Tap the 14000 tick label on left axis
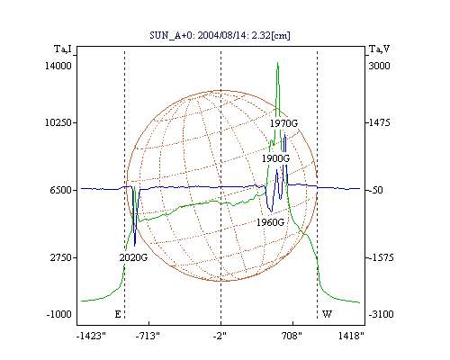click(x=58, y=66)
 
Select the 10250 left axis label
click(x=58, y=122)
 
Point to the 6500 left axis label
click(x=61, y=190)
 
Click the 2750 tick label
click(x=61, y=257)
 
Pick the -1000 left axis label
click(x=59, y=314)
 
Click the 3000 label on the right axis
click(x=379, y=66)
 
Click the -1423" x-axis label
click(x=91, y=336)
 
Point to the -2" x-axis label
click(x=220, y=336)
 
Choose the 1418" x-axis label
click(x=351, y=336)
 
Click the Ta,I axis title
click(x=63, y=49)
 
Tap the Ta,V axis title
click(x=379, y=49)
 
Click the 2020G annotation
click(x=133, y=257)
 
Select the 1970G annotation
click(x=283, y=123)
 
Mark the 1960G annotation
click(x=270, y=222)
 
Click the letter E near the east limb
click(x=118, y=314)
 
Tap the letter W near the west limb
click(x=327, y=314)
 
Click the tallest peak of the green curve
click(x=278, y=63)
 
